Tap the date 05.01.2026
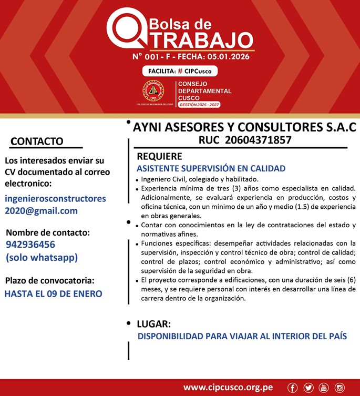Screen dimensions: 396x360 tap(228, 56)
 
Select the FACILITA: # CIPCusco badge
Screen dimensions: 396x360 tap(179, 71)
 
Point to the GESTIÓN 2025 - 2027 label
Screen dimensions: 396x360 tap(199, 105)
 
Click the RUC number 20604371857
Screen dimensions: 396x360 tap(258, 140)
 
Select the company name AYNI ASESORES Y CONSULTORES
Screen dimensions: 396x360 tap(244, 127)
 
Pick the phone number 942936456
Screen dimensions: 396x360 tap(30, 245)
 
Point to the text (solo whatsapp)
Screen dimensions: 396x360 tap(42, 257)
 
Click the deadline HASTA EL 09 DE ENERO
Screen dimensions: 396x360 tap(53, 293)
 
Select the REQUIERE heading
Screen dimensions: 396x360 tap(159, 156)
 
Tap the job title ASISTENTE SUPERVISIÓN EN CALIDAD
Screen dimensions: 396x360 tap(211, 168)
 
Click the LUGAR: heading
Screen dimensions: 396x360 tap(153, 323)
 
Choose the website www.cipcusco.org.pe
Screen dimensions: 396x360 tap(228, 388)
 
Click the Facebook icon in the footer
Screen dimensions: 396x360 tap(293, 388)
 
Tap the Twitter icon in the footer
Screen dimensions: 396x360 tap(308, 388)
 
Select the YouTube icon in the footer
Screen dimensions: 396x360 tap(324, 388)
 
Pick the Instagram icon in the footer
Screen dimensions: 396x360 tap(340, 388)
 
